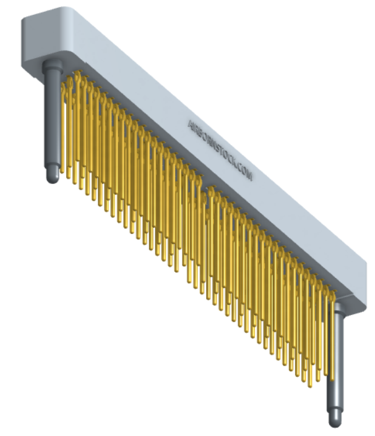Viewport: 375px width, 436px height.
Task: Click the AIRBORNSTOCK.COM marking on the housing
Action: [x=220, y=150]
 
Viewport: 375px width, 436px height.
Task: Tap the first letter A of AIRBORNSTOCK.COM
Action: [x=191, y=125]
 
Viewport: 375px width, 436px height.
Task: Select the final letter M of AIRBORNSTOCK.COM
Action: [x=249, y=176]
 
